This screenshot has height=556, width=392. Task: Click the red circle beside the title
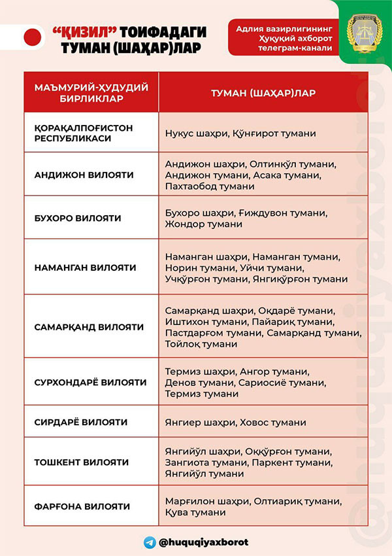click(x=32, y=37)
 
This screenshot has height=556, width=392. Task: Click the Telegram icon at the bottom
click(x=150, y=542)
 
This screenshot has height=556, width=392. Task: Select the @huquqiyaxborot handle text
click(x=204, y=542)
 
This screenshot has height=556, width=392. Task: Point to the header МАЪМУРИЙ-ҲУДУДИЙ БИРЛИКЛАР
click(x=91, y=93)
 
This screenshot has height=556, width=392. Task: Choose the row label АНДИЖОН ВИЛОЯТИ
click(x=84, y=175)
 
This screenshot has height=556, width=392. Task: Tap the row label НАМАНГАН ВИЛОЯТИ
click(x=85, y=268)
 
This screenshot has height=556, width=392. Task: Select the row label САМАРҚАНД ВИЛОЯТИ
click(x=89, y=326)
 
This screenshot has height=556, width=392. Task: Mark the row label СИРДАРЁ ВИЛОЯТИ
click(x=80, y=422)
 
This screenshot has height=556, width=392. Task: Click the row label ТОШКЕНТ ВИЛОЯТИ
click(x=82, y=462)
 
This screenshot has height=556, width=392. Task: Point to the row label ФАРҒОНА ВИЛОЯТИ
click(x=82, y=506)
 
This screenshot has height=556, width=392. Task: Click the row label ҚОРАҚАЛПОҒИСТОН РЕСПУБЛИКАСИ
click(x=83, y=133)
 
